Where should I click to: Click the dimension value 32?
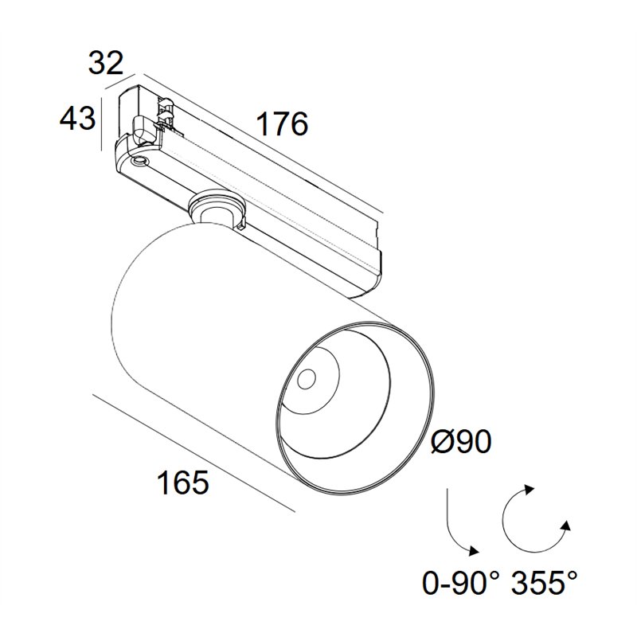click(106, 63)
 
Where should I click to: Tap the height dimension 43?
click(77, 118)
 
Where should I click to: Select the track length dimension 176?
click(283, 124)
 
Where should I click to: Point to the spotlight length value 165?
click(183, 483)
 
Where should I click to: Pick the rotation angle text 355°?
click(544, 582)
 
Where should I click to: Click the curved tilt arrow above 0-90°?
click(454, 529)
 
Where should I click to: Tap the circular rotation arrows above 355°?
click(535, 519)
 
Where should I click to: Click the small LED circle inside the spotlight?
click(307, 380)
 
